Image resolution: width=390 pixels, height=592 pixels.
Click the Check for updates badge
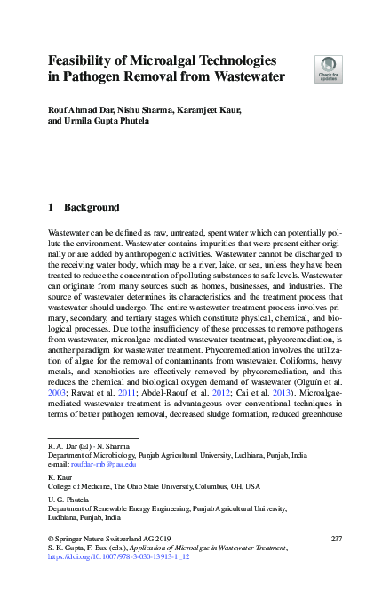click(329, 68)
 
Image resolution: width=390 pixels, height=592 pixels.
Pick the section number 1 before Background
click(51, 208)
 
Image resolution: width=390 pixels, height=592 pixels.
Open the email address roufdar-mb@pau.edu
click(105, 464)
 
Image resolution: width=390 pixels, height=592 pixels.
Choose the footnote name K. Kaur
click(60, 477)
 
